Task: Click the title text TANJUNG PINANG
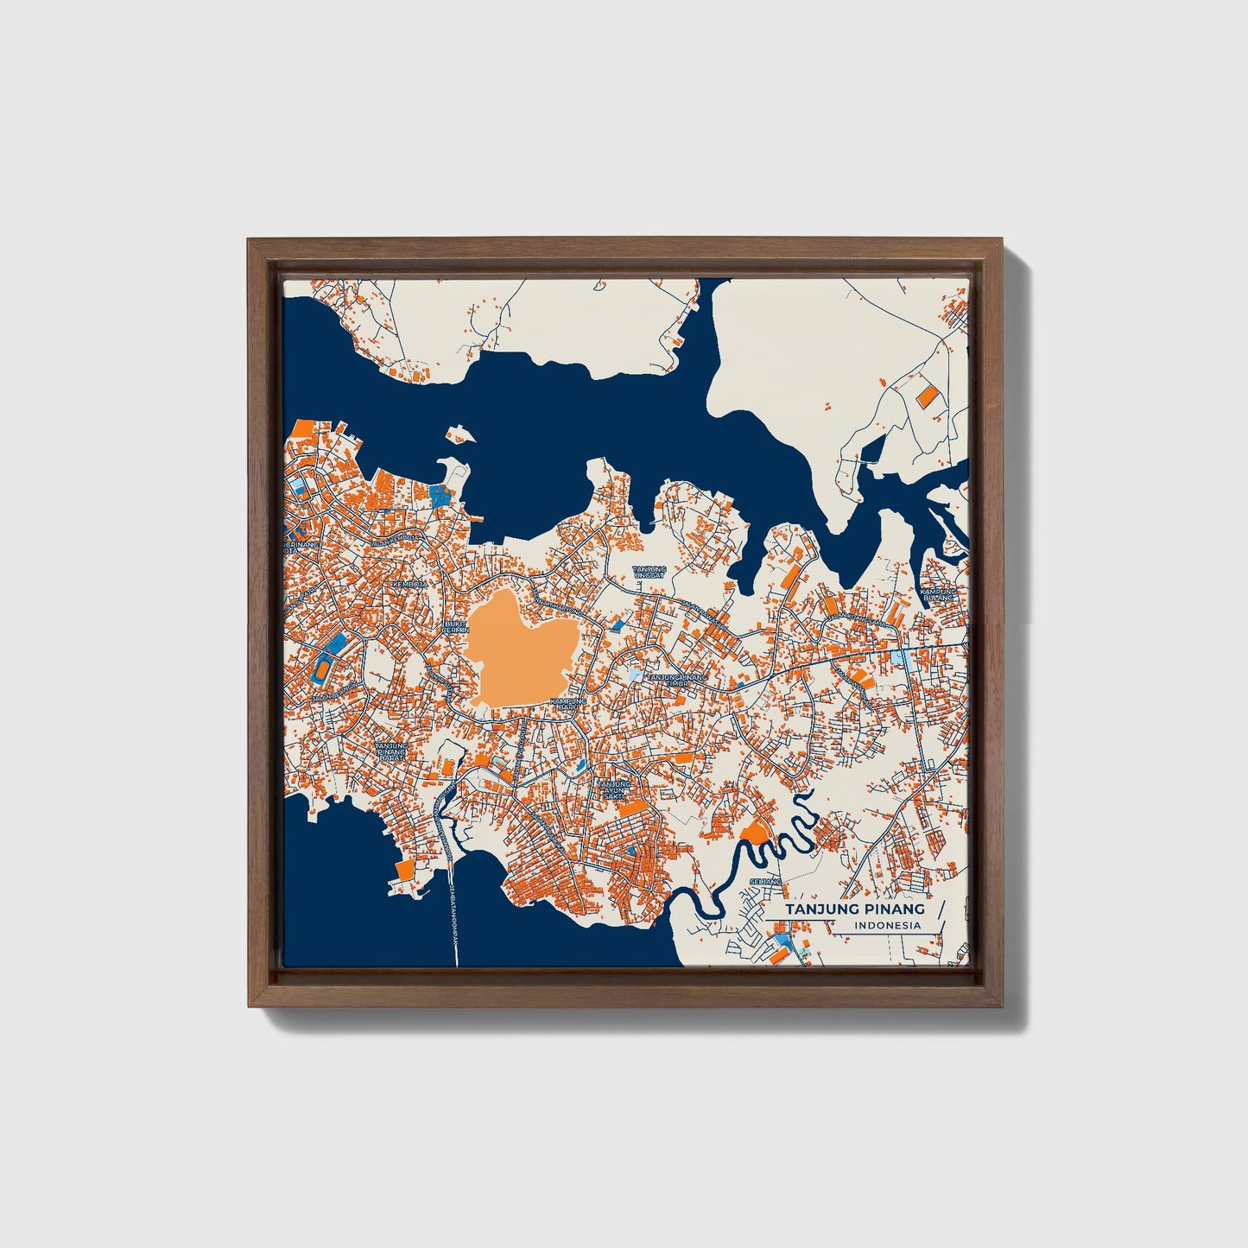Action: [x=854, y=909]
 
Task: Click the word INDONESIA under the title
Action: [x=887, y=926]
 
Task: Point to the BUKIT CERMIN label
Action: [x=455, y=626]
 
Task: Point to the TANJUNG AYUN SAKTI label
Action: [x=615, y=789]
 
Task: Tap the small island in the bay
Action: [x=459, y=434]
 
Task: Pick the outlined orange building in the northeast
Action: [x=927, y=396]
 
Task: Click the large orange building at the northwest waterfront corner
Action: [x=303, y=429]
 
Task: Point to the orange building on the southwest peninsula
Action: [x=402, y=870]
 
